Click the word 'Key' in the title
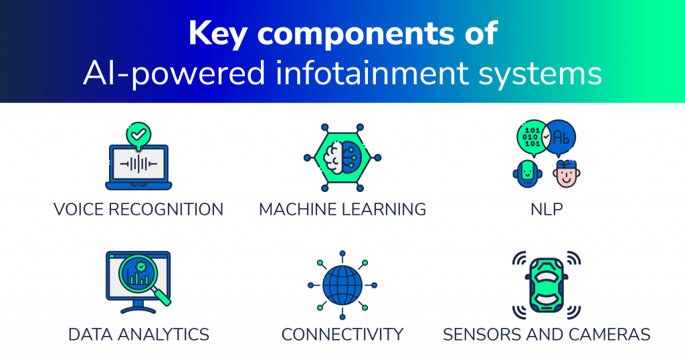coord(217,33)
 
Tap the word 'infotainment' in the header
coord(372,72)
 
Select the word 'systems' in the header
coord(541,74)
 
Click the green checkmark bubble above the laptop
coord(138,134)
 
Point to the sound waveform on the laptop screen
coord(138,164)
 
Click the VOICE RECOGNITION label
coord(138,209)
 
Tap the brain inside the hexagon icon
coord(342,158)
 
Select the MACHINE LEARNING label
coord(342,209)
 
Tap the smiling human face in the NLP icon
coord(567,174)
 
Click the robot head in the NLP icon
coord(528,174)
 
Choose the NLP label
coord(547,209)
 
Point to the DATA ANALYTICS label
coord(138,335)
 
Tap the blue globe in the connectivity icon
coord(342,285)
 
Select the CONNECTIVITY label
coord(342,335)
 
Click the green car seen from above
coord(547,285)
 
